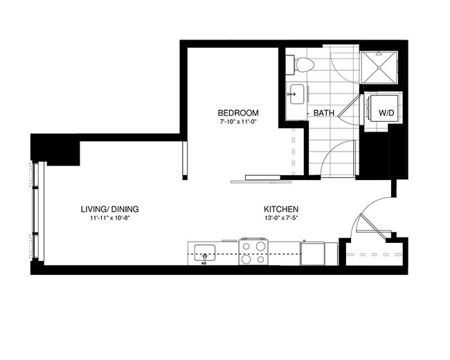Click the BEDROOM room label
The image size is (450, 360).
(x=238, y=113)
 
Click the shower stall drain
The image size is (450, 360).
(x=380, y=69)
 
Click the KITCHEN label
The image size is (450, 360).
(x=280, y=209)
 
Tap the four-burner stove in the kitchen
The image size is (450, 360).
(x=253, y=251)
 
